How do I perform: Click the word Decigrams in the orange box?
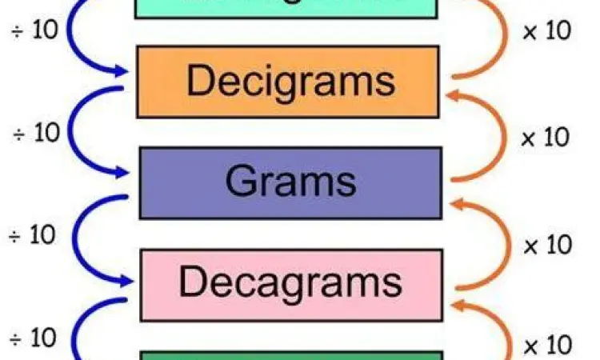(290, 82)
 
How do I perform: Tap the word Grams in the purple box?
(290, 182)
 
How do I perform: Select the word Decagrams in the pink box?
(290, 282)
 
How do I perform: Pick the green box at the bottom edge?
(291, 355)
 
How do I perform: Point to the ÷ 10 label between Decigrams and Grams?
(36, 134)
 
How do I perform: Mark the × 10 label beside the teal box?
(546, 31)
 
